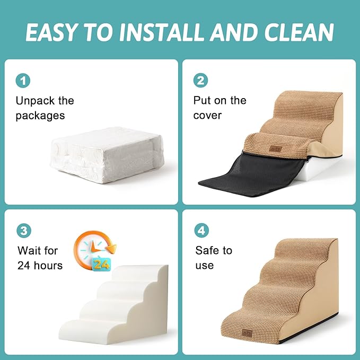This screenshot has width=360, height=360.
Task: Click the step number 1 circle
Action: tap(23, 81)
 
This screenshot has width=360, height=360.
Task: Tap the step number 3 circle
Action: tap(23, 231)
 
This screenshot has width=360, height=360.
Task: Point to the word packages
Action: tap(40, 116)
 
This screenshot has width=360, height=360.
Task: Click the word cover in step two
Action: tap(207, 116)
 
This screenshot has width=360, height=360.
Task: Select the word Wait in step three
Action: tap(30, 250)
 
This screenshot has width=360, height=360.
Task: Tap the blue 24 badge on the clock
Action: tap(102, 263)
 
